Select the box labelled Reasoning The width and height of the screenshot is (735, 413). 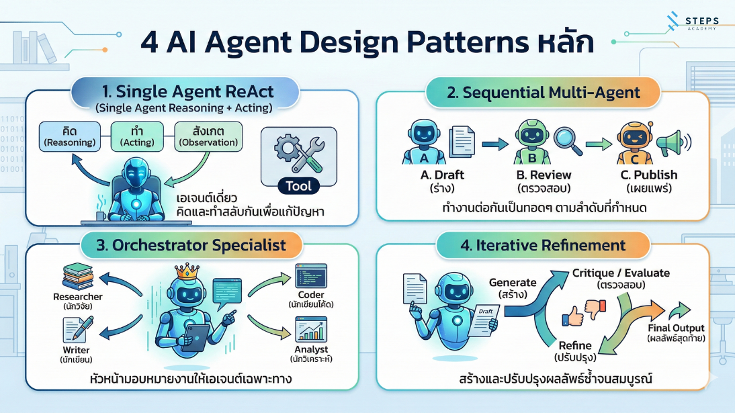coord(71,136)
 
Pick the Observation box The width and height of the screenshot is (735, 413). coord(208,136)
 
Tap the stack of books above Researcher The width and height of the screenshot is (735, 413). coord(78,277)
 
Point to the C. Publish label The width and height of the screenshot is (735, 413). coord(648,175)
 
